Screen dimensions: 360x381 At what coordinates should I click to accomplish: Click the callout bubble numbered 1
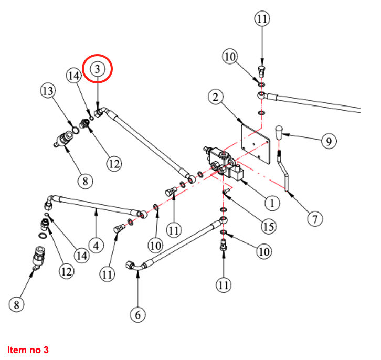coord(271,202)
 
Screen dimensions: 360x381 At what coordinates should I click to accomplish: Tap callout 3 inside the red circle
coord(99,69)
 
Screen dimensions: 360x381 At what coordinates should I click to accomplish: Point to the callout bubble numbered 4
coord(96,245)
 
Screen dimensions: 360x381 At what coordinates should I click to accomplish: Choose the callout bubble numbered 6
coord(138,314)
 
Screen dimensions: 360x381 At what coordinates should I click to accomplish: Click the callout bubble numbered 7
coord(315,218)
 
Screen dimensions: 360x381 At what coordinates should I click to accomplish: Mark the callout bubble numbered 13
coord(48,91)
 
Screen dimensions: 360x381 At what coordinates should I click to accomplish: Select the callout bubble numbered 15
coord(269,226)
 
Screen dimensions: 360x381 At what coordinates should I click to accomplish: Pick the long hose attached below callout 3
coord(147,142)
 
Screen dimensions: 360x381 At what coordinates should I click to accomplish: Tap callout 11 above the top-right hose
coord(262,19)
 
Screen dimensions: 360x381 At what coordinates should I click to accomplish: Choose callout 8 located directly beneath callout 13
coord(86,182)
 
